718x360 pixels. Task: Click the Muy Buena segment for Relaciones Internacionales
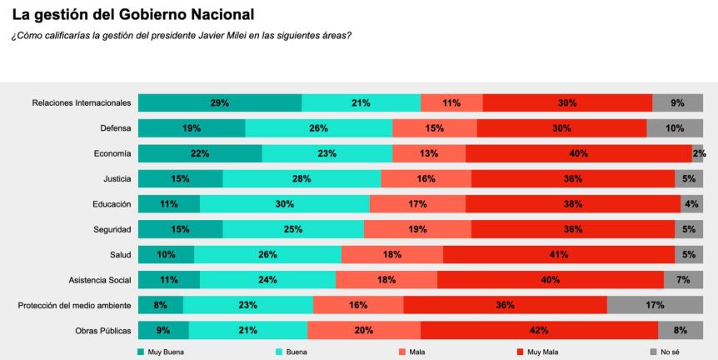click(x=220, y=103)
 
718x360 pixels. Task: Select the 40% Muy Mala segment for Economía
click(x=578, y=153)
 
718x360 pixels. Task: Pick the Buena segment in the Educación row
click(x=284, y=204)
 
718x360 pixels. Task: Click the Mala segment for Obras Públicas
click(x=364, y=330)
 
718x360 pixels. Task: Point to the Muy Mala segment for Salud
click(x=558, y=254)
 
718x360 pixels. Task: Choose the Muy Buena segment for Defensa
click(x=192, y=128)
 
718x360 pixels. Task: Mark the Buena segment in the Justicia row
click(x=302, y=178)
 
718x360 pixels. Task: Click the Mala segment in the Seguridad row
click(x=417, y=229)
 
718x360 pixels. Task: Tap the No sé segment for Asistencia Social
click(x=683, y=280)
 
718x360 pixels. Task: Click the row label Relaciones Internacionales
click(x=82, y=103)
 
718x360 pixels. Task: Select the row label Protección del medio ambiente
click(x=75, y=305)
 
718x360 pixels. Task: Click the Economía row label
click(x=112, y=153)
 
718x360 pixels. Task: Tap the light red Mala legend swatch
click(x=402, y=352)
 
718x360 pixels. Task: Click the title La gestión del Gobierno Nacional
click(x=133, y=14)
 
